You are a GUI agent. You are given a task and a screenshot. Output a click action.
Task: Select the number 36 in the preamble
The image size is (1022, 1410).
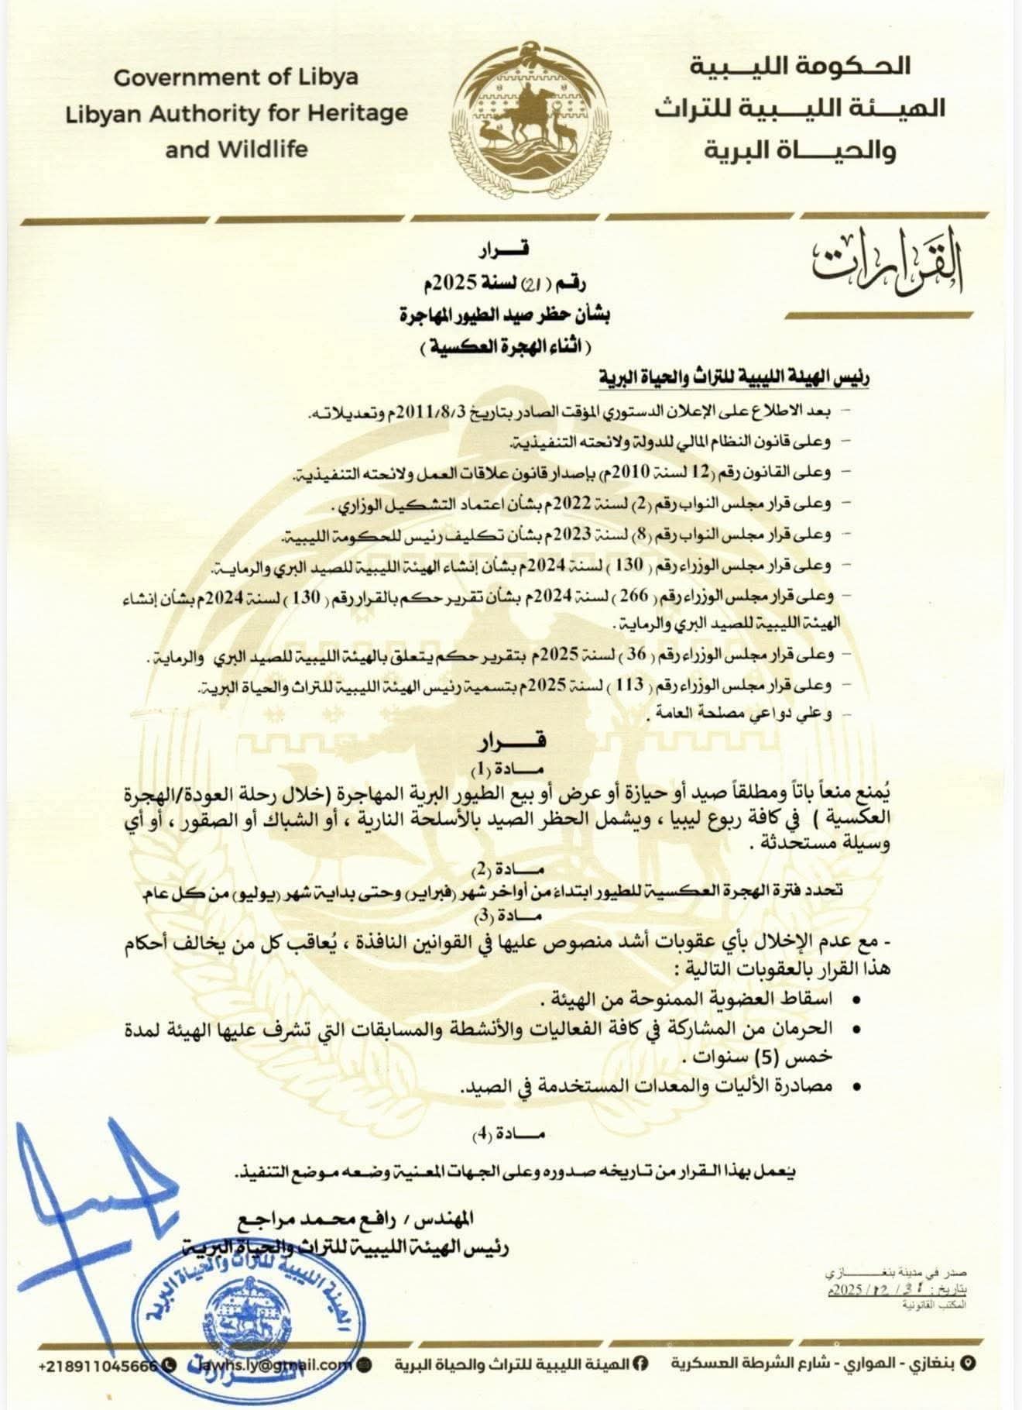click(636, 655)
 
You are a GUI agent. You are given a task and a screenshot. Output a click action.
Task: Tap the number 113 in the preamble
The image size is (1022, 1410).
click(634, 685)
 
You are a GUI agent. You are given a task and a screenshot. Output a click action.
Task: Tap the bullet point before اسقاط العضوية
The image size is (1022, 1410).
click(856, 1001)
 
